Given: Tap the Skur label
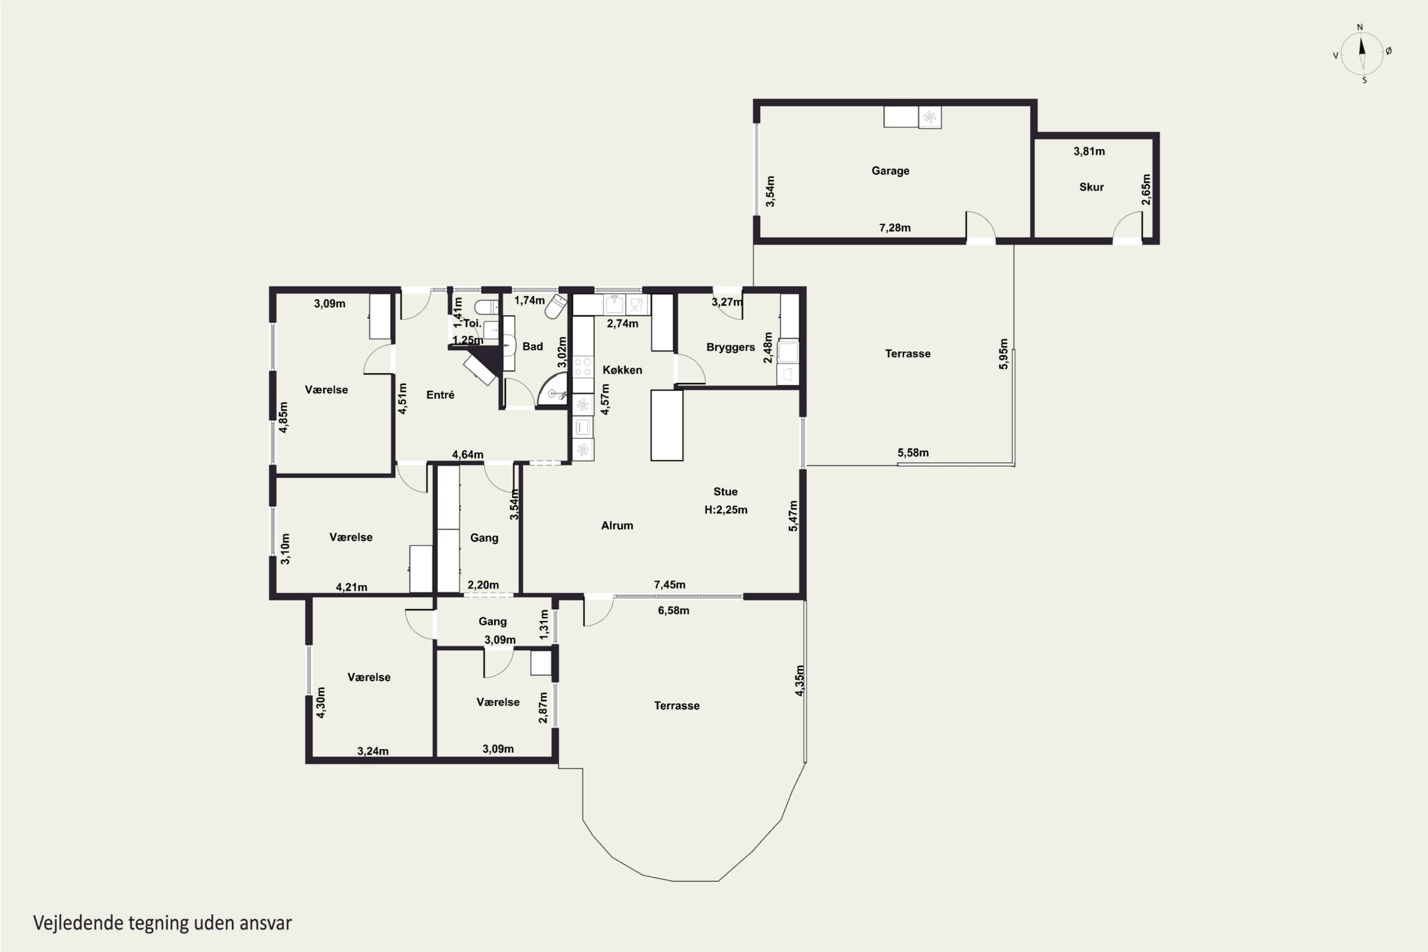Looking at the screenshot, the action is (x=1091, y=187).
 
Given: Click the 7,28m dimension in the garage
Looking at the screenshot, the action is (x=895, y=228).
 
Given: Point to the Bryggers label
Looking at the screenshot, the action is (x=730, y=347).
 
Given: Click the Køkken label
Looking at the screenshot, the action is (x=622, y=370).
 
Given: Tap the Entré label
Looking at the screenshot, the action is (x=440, y=395).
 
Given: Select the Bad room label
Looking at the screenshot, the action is (x=533, y=347).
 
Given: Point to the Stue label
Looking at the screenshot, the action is (x=725, y=492).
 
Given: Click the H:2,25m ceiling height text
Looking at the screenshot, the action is (x=725, y=510).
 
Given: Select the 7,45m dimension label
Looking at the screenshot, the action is (x=670, y=585).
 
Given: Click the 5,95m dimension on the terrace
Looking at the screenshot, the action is (x=1003, y=354).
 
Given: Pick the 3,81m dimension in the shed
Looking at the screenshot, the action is (x=1089, y=151).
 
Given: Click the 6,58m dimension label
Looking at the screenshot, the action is (x=674, y=610).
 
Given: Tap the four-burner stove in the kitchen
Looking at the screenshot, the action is (x=583, y=367).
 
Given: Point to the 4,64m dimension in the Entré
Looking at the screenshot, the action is (x=467, y=454).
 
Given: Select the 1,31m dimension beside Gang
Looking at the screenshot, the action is (x=544, y=624).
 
